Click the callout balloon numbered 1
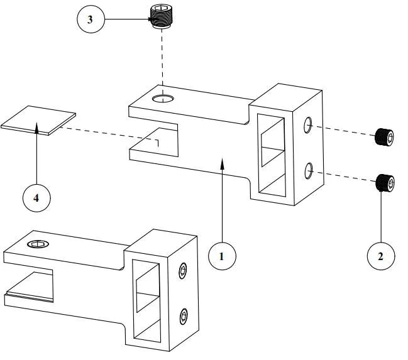tap(222, 256)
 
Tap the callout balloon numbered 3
tap(91, 19)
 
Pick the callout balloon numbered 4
tap(36, 198)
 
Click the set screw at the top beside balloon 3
tap(162, 16)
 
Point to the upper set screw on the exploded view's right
tap(384, 136)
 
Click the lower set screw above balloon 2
tap(385, 183)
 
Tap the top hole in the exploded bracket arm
tap(165, 97)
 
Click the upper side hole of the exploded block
tap(309, 126)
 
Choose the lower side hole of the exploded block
tap(309, 169)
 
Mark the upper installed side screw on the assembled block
tap(182, 271)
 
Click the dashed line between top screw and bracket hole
tap(163, 60)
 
